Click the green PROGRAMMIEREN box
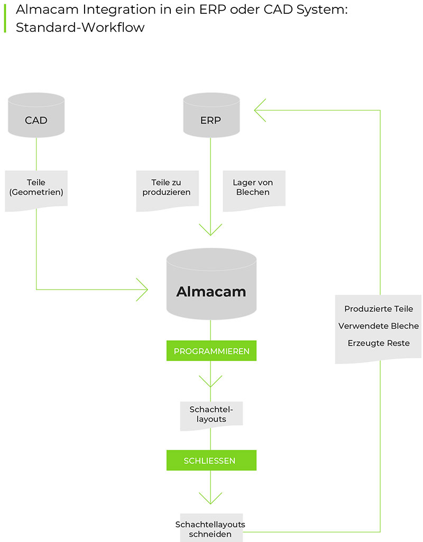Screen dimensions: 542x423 [211, 351]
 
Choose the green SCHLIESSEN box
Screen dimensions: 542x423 [211, 460]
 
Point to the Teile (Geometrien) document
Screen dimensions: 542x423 [36, 189]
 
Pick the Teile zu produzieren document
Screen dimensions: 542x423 [167, 189]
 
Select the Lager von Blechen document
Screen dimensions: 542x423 [253, 189]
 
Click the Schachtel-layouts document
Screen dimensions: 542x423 [211, 414]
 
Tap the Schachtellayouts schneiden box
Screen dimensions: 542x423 [211, 528]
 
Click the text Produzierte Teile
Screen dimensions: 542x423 [379, 309]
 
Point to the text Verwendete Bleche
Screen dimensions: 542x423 [379, 326]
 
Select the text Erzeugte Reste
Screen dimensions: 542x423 [379, 343]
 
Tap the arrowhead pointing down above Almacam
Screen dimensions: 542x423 [210, 230]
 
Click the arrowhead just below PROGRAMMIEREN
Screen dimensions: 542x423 [210, 382]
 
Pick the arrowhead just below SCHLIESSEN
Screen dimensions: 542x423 [210, 498]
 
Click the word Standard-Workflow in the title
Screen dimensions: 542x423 [80, 28]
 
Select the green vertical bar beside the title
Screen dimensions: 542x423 [5, 18]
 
